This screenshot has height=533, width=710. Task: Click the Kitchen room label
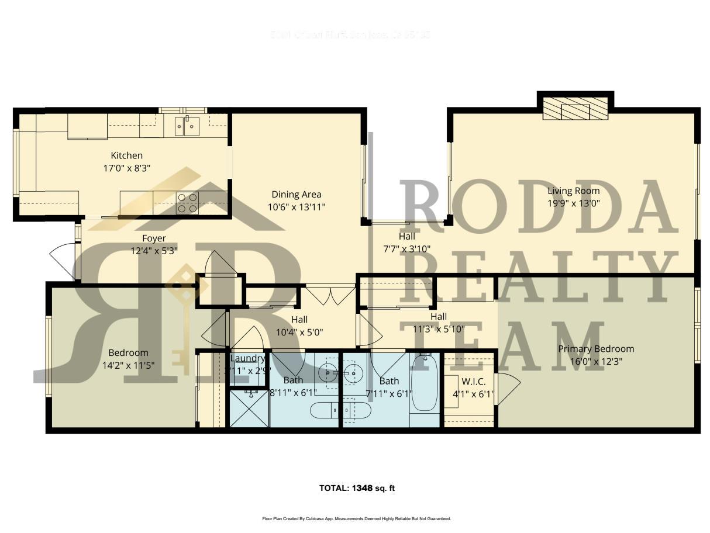point(127,155)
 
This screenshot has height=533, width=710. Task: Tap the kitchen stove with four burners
point(187,202)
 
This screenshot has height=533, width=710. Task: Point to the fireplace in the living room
point(575,109)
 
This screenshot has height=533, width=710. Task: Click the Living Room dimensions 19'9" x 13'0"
point(573,203)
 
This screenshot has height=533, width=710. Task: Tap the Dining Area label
point(296,194)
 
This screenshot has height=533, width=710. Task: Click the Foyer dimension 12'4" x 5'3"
point(154,250)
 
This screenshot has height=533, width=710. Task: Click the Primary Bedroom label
point(595,349)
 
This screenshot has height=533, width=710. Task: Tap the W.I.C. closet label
point(473,382)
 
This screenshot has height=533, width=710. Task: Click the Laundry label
point(247,358)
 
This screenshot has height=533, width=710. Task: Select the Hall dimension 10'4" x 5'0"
point(299,332)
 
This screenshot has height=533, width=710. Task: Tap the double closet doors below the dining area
point(330,295)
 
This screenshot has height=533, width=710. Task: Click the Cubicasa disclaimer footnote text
point(356,518)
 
